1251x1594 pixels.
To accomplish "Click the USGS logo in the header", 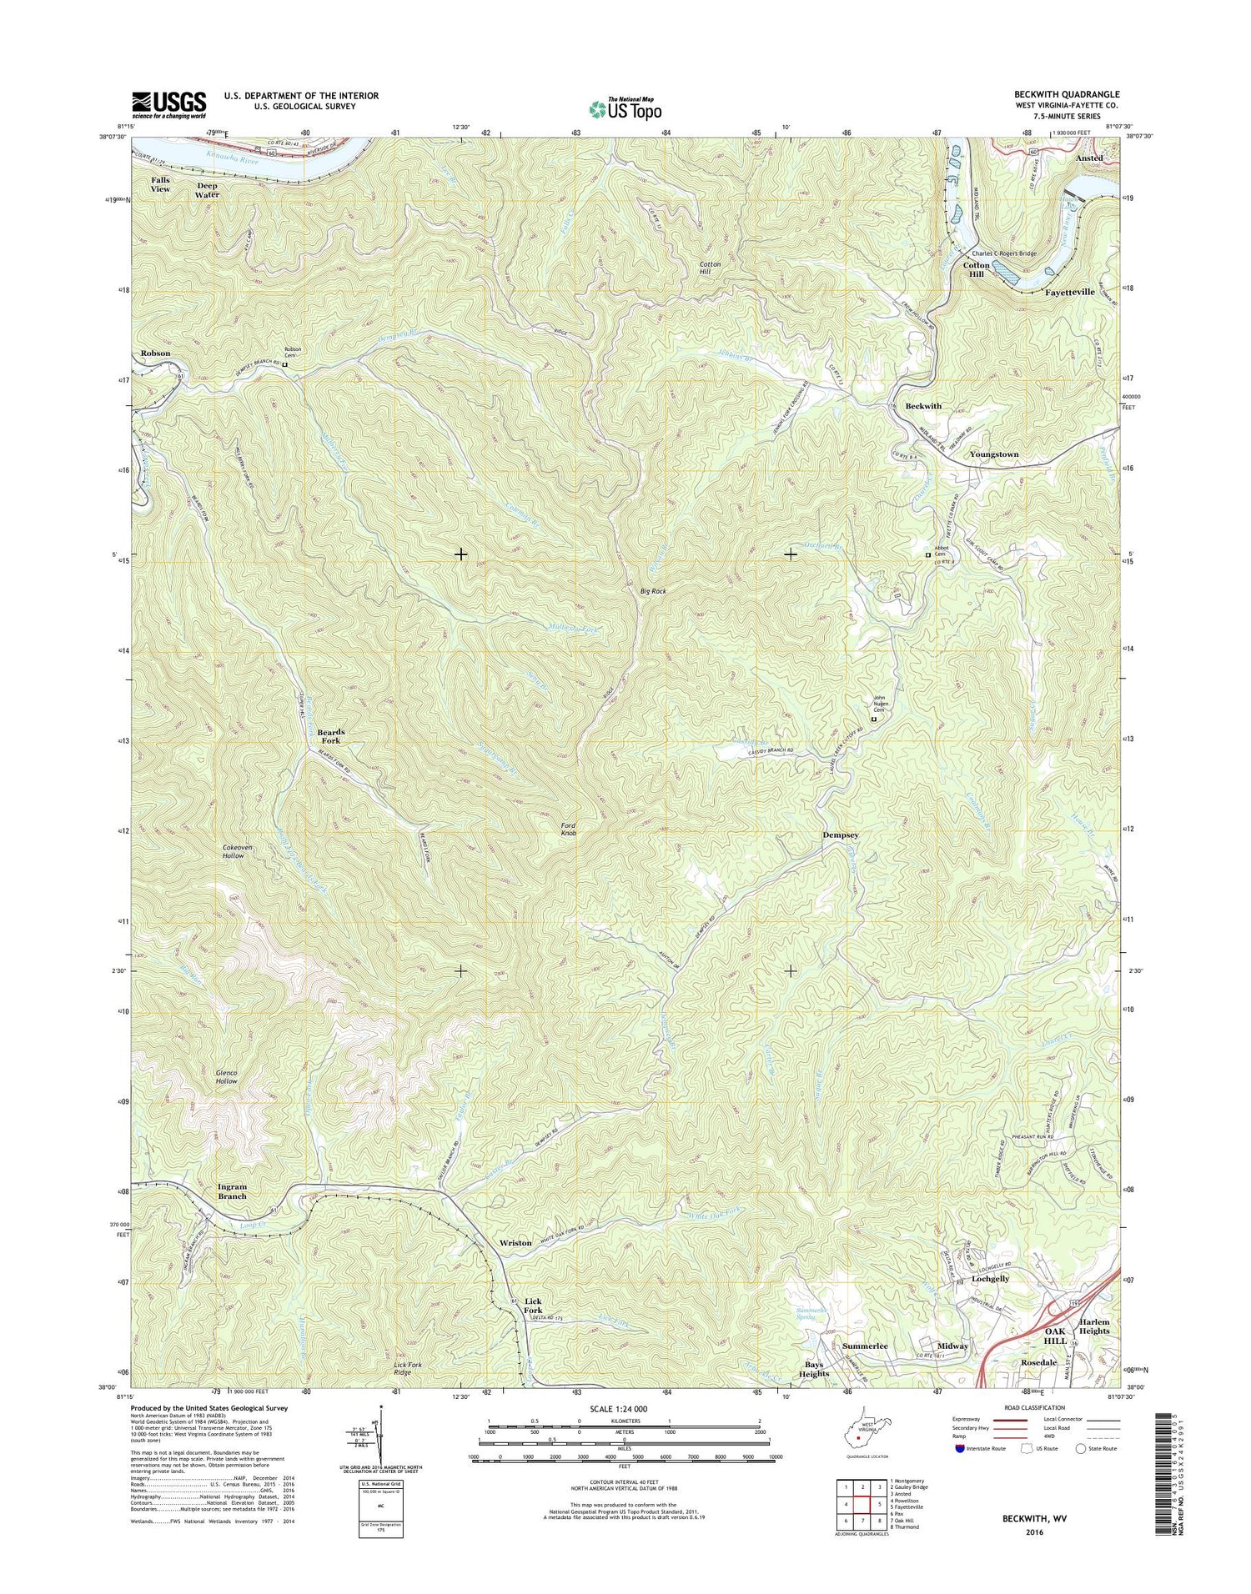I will [168, 104].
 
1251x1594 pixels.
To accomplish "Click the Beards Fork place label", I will [330, 736].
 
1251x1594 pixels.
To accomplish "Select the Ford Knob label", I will [568, 829].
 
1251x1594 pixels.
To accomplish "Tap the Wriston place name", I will [515, 1243].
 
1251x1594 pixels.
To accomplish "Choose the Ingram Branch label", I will [232, 1191].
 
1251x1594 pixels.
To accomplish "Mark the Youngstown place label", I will [993, 454].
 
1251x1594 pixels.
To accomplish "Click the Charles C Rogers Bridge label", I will [1002, 253].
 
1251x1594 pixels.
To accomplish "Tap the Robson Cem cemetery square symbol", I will [284, 364].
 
